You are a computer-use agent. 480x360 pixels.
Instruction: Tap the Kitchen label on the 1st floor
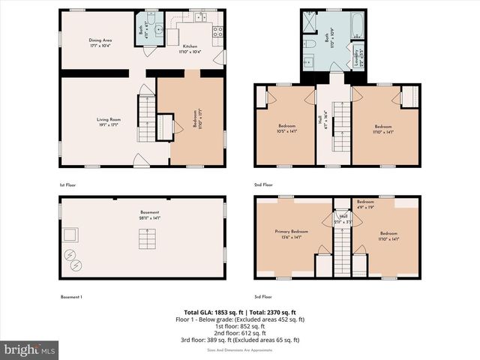pyautogui.click(x=190, y=49)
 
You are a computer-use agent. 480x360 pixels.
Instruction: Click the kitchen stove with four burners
pyautogui.click(x=217, y=31)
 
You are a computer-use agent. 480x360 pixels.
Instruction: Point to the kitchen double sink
pyautogui.click(x=201, y=17)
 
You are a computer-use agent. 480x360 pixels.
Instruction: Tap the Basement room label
pyautogui.click(x=149, y=215)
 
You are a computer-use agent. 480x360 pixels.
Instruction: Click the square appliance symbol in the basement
pyautogui.click(x=71, y=235)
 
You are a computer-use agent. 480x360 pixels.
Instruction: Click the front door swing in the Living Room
pyautogui.click(x=139, y=160)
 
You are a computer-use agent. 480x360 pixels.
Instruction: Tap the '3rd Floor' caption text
pyautogui.click(x=264, y=298)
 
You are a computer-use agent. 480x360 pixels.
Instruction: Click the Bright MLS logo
pyautogui.click(x=30, y=349)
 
